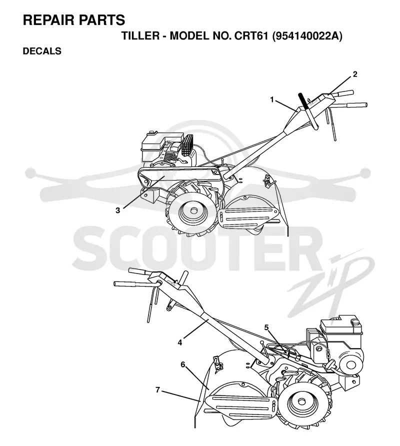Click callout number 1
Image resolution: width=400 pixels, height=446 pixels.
tap(272, 100)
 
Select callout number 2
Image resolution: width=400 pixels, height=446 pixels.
tap(355, 74)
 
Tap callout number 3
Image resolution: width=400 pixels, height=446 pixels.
tap(117, 210)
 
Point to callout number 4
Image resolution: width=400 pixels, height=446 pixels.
tap(180, 342)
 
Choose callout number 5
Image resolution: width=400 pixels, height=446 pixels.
tap(266, 327)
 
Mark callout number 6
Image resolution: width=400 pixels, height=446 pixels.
tap(182, 364)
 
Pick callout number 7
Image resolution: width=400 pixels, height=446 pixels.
tap(158, 389)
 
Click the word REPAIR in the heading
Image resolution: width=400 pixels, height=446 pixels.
tap(48, 20)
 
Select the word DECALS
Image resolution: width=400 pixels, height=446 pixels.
tap(42, 51)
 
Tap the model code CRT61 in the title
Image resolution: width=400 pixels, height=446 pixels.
tap(251, 36)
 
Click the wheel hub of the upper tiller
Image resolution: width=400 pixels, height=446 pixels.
tap(194, 211)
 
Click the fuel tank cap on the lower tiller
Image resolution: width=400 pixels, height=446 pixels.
tap(355, 322)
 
